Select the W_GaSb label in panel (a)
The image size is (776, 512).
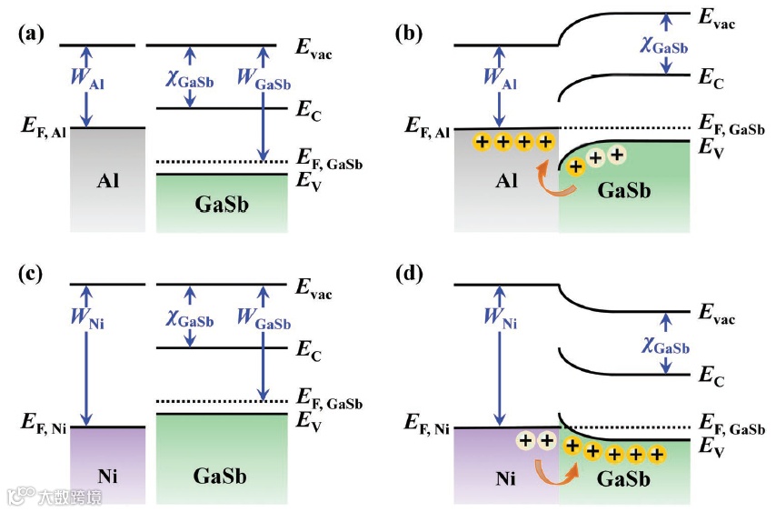pyautogui.click(x=264, y=77)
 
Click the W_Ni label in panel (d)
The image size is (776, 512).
pyautogui.click(x=501, y=319)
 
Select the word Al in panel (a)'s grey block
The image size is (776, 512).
pyautogui.click(x=108, y=180)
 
